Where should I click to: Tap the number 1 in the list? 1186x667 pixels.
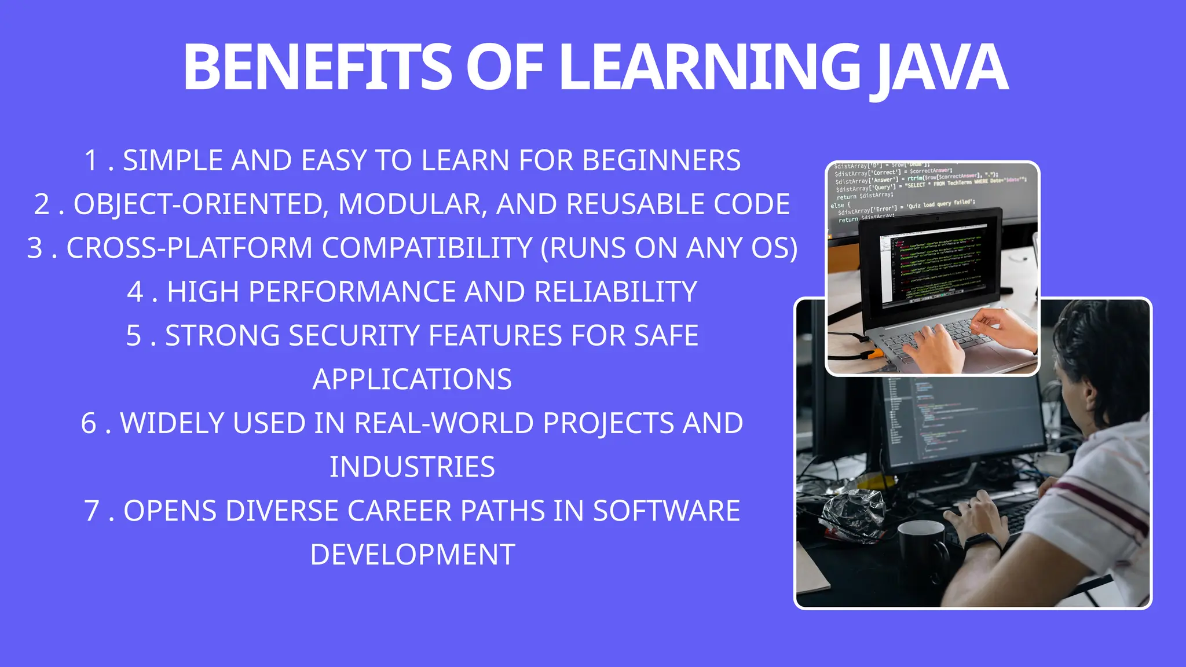point(91,160)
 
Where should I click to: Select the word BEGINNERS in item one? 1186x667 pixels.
point(661,160)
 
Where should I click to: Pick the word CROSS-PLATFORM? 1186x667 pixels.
point(189,248)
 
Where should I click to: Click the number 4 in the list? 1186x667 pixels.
point(135,292)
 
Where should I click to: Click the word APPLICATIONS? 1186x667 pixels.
point(412,380)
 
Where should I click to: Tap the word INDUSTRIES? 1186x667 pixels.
point(412,467)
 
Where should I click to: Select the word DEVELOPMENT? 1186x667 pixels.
point(412,555)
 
